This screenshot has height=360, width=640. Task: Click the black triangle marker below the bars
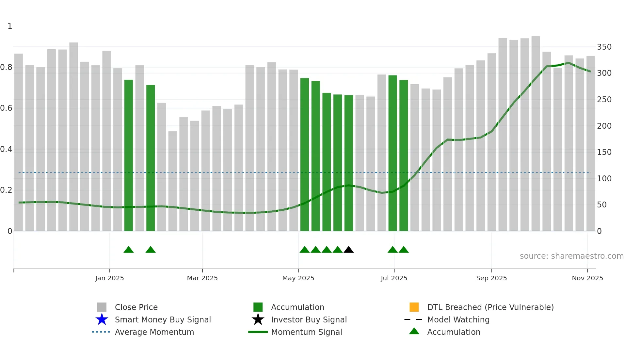click(x=348, y=250)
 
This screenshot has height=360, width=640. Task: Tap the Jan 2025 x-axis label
click(x=109, y=278)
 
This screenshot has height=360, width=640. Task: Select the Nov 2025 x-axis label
click(x=587, y=278)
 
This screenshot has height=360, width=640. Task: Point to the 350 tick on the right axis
click(x=604, y=47)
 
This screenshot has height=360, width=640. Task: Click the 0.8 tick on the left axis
click(x=6, y=67)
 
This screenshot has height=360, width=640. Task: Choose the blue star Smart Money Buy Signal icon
click(x=102, y=319)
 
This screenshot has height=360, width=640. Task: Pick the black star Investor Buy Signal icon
click(x=258, y=319)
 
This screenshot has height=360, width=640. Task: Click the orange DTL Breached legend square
click(x=414, y=307)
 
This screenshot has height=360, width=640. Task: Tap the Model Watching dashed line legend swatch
click(x=413, y=319)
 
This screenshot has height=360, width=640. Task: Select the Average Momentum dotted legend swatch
click(x=101, y=332)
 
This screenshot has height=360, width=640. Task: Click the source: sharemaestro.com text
click(x=571, y=256)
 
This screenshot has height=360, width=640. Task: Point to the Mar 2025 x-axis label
click(x=202, y=278)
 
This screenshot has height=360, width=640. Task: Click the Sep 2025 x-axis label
click(x=491, y=278)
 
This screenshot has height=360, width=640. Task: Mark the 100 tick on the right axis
click(x=604, y=179)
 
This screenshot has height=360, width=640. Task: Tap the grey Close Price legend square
click(x=102, y=307)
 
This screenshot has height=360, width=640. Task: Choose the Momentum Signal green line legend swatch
click(x=258, y=332)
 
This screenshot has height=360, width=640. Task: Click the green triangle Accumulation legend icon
click(x=414, y=331)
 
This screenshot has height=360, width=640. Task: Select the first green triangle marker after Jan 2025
click(x=129, y=250)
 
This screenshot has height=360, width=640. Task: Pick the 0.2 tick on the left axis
click(x=6, y=190)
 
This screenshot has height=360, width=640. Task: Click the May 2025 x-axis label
click(x=298, y=278)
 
